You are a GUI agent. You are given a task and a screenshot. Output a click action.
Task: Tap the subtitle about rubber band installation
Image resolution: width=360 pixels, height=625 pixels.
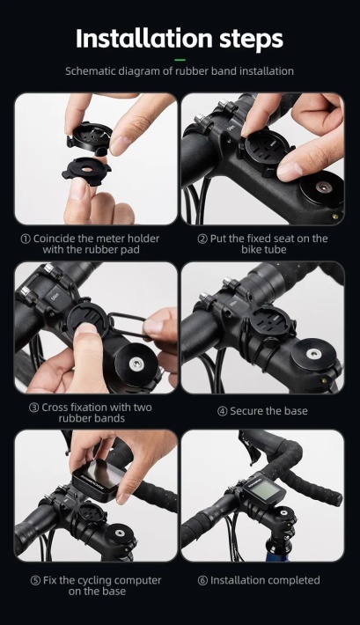pos(180,70)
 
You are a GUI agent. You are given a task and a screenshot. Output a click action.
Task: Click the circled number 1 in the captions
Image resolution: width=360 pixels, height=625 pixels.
pos(26,239)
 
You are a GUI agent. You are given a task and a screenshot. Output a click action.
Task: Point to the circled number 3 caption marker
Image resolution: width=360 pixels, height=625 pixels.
pos(33,408)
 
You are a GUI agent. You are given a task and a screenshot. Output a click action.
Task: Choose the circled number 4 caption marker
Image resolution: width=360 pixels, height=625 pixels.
pos(223,410)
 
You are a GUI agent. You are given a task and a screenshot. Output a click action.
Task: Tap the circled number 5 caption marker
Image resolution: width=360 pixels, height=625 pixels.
pos(34,580)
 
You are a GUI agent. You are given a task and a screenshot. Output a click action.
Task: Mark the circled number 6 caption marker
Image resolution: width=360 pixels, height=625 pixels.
pos(202,580)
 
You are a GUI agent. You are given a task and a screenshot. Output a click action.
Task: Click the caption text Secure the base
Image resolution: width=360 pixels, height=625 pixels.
pos(268,410)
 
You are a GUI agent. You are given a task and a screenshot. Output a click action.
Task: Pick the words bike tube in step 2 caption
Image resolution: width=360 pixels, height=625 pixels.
pos(268,250)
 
